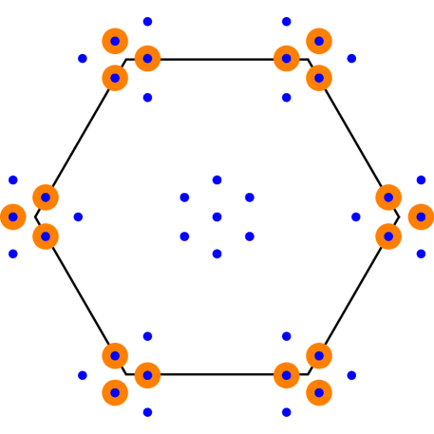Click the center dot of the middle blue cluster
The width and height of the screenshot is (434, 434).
217,217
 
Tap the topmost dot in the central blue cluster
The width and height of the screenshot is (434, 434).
217,179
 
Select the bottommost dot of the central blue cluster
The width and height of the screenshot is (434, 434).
217,254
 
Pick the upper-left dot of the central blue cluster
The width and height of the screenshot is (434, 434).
184,198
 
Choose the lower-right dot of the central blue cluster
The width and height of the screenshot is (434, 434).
249,236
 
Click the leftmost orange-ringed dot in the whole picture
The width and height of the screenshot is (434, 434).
13,217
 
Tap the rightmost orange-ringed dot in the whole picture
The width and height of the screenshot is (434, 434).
421,217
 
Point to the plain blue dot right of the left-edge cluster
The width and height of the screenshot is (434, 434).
78,217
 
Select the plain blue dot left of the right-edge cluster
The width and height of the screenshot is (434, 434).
356,217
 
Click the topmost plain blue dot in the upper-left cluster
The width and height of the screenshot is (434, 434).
147,21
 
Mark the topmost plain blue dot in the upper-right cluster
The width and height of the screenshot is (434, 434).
286,21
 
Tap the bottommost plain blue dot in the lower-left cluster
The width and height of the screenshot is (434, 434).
147,412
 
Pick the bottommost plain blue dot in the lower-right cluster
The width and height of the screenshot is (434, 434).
286,412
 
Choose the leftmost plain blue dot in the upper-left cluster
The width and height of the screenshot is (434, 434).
83,59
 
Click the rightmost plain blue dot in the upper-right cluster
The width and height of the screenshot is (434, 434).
351,59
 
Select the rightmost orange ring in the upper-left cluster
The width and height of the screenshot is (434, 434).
147,59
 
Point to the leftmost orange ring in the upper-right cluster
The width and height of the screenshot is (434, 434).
286,59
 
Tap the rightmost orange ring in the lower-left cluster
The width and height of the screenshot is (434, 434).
147,375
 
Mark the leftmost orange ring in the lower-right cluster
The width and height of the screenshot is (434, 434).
286,375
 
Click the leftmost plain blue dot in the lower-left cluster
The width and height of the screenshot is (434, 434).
83,375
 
